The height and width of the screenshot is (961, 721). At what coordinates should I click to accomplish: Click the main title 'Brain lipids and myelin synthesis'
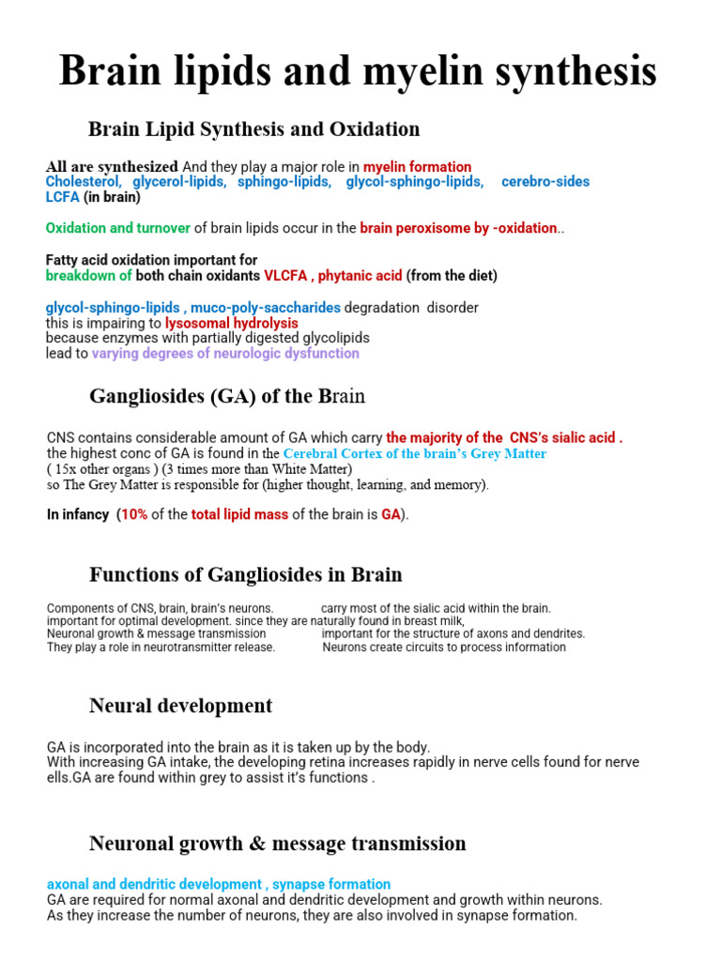point(358,72)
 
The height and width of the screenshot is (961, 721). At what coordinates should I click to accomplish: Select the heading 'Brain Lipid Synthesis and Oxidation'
point(253,129)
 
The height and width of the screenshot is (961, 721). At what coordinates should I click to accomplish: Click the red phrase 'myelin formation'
point(417,167)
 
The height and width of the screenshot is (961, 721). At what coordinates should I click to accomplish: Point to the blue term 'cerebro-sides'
point(545,181)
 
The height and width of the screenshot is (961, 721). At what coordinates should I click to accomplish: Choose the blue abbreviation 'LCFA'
point(63,197)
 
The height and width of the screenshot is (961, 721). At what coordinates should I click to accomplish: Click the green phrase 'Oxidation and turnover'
point(118,228)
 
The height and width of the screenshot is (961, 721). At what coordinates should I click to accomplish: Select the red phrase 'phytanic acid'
point(360,276)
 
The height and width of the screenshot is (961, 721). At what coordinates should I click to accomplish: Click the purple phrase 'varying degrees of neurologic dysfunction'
point(225,354)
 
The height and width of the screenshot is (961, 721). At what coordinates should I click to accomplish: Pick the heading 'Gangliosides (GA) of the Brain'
point(227,396)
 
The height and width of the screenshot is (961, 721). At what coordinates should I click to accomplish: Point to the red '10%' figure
point(134,515)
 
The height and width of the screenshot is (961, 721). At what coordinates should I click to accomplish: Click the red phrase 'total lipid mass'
point(239,515)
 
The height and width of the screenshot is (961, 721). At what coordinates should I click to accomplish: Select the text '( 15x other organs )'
point(101,469)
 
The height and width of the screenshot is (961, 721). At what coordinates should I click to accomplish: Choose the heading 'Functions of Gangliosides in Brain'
point(245,573)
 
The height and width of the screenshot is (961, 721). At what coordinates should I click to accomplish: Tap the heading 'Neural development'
point(180,705)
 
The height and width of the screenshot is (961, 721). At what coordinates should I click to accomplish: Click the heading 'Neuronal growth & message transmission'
point(277,843)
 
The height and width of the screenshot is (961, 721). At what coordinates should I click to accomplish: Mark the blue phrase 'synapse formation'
point(331,884)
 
